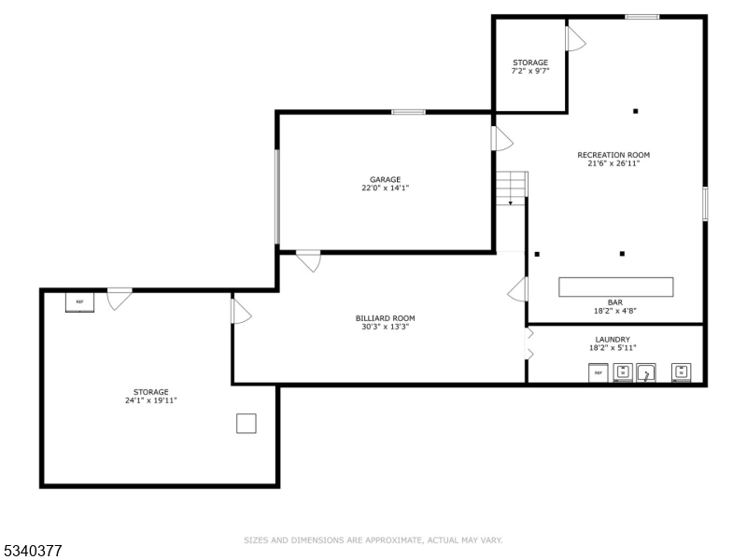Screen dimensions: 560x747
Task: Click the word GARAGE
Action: pos(385,179)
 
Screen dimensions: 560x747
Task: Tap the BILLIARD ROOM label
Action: pos(385,318)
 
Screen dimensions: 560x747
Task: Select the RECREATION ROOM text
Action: pos(613,155)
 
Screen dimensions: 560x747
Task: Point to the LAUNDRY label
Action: pos(613,340)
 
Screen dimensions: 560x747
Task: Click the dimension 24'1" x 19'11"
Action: pos(150,400)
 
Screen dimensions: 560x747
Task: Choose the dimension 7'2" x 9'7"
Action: pos(529,71)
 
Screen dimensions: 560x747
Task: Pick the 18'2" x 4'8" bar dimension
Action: pos(615,311)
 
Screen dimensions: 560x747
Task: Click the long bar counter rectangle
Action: pos(615,287)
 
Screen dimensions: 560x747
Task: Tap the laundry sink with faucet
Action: pos(646,373)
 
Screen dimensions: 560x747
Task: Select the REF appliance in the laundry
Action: pos(599,373)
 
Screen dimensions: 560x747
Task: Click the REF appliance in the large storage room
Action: pos(79,301)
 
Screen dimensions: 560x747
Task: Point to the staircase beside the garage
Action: pos(511,187)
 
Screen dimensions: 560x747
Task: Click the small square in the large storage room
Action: pos(246,424)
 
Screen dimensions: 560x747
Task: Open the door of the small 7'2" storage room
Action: pos(574,38)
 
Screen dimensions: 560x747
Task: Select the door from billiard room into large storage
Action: pos(240,311)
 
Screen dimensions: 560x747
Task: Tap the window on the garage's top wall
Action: pos(409,112)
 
